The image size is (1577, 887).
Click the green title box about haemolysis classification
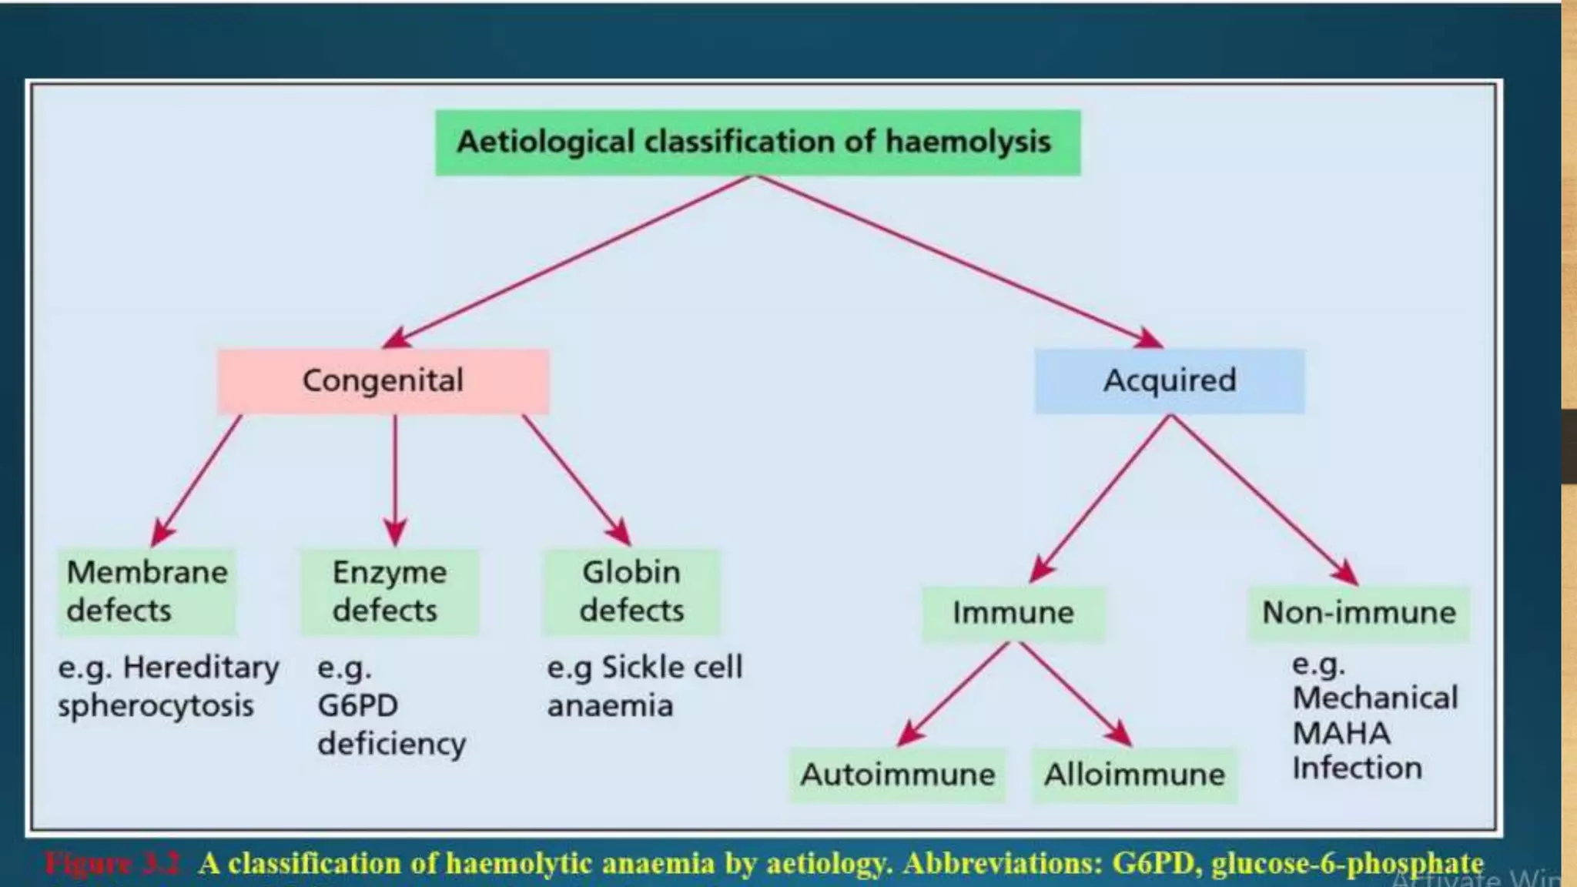(758, 142)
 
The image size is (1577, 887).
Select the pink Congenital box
(383, 381)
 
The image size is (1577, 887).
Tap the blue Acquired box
(1169, 381)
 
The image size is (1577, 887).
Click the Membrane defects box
(146, 591)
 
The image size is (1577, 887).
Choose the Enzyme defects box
(390, 591)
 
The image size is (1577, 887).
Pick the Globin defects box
(631, 591)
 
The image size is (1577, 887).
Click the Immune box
(1013, 614)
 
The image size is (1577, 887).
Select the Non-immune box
(1358, 614)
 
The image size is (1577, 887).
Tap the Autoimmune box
(897, 775)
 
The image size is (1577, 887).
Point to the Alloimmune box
(1134, 775)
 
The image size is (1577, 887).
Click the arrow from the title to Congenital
(570, 262)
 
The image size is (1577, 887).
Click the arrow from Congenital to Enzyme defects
(395, 477)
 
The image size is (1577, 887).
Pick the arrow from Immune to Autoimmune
(955, 693)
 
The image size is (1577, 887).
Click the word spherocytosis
(156, 706)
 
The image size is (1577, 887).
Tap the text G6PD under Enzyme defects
(358, 706)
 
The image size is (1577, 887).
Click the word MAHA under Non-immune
(1341, 733)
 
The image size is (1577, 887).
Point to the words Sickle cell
(671, 668)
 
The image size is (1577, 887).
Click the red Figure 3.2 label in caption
(112, 864)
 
